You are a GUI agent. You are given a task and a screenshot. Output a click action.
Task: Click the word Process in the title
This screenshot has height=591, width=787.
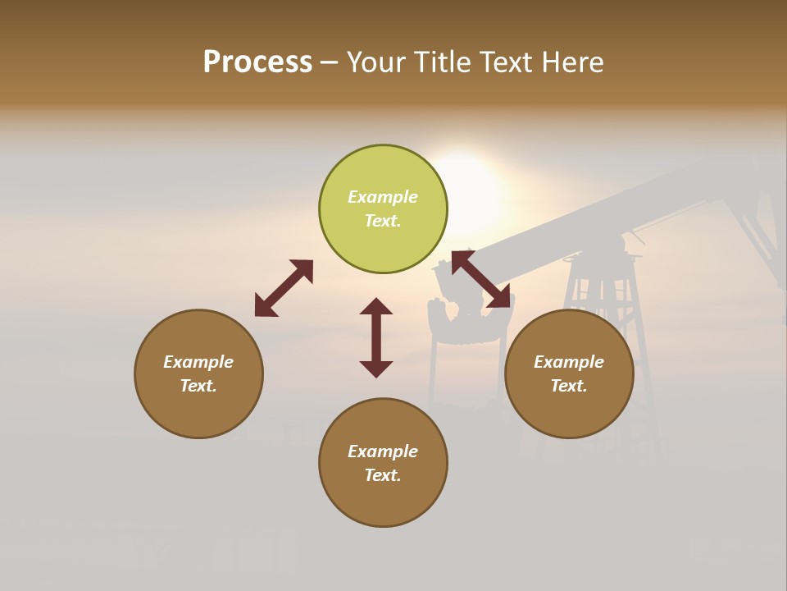[x=257, y=62]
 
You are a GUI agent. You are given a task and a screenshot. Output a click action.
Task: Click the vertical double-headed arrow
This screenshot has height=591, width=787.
[x=376, y=337]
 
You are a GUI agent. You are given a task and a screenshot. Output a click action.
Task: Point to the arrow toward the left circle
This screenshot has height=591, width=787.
[x=284, y=288]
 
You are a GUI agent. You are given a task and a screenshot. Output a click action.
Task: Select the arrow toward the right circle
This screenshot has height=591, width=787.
[x=481, y=280]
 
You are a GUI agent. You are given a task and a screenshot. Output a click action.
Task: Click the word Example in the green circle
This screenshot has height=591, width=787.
[x=383, y=197]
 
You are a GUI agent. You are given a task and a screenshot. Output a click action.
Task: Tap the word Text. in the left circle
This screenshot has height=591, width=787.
[x=198, y=386]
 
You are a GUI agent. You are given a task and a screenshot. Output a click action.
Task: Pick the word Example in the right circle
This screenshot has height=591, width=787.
[x=569, y=362]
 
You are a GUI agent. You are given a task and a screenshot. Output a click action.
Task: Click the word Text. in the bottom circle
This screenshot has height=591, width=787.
[x=383, y=475]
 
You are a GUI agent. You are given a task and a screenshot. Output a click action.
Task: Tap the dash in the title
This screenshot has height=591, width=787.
[x=329, y=63]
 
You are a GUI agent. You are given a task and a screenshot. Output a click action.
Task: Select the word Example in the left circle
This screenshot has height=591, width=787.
[x=198, y=362]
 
